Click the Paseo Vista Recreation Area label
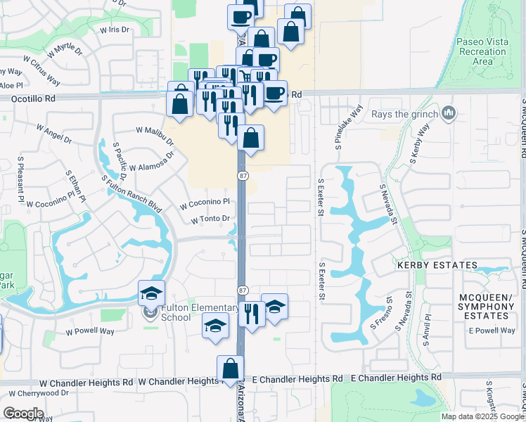(482, 51)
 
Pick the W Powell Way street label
(89, 331)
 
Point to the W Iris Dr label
(115, 30)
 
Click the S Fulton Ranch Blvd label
(131, 195)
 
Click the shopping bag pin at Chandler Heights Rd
(230, 369)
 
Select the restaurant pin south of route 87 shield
(251, 311)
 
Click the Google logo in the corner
(24, 413)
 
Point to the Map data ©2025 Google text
(482, 416)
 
